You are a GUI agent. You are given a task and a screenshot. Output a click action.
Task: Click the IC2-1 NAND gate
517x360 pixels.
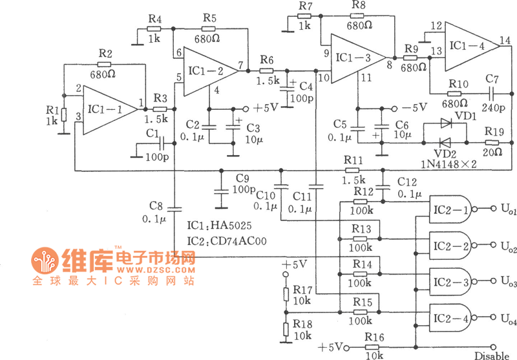448,210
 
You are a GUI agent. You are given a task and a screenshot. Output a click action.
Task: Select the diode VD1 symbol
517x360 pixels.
446,123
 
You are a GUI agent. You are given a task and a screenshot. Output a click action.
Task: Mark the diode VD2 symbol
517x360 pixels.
446,143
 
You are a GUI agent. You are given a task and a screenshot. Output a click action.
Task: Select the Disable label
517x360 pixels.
492,355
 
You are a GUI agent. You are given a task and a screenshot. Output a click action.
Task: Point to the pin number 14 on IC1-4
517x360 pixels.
503,40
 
